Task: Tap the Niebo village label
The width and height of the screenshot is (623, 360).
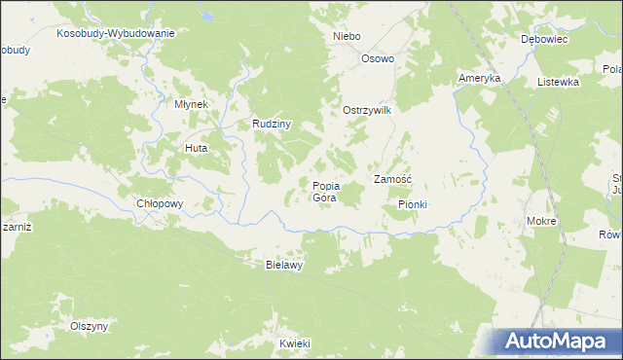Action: (x=347, y=36)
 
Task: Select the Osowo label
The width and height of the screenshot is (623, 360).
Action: (x=378, y=58)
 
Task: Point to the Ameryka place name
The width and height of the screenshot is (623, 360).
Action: (x=479, y=78)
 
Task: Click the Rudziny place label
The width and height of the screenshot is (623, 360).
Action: (x=273, y=124)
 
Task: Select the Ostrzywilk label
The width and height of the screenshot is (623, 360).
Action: (x=366, y=111)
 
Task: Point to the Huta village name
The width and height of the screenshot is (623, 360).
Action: (x=196, y=148)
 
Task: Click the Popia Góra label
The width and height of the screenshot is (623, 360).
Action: (x=325, y=191)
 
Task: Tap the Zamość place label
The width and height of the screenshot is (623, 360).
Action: (x=393, y=179)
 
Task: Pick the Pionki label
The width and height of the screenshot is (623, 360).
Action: (x=413, y=204)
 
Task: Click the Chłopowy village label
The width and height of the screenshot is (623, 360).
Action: (x=161, y=203)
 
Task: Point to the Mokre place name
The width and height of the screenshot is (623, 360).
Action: (x=541, y=221)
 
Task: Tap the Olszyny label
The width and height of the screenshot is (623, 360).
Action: (x=89, y=326)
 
